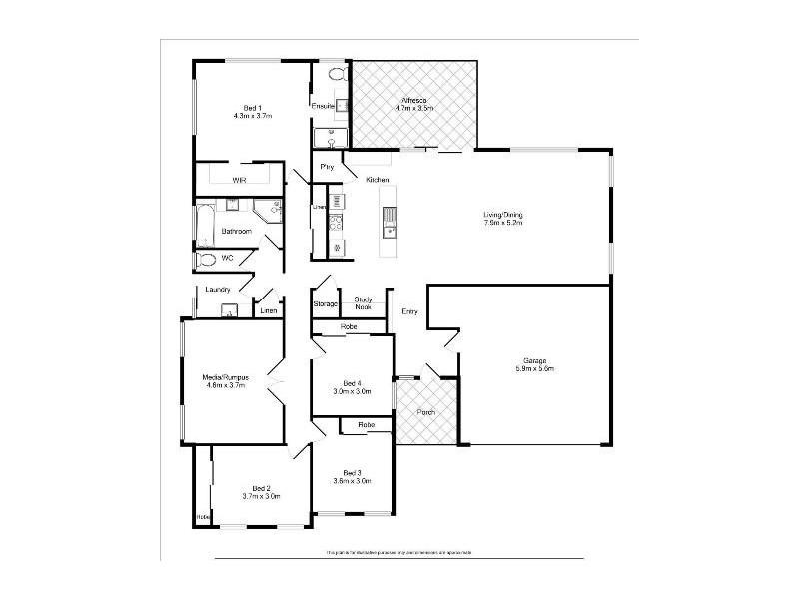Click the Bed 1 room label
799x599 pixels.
pyautogui.click(x=252, y=108)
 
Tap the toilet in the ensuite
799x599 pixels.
pyautogui.click(x=336, y=74)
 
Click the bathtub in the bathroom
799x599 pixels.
pyautogui.click(x=204, y=226)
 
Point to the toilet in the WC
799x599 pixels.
pyautogui.click(x=205, y=259)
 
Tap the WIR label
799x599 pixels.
pyautogui.click(x=239, y=180)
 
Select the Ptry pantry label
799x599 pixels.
pyautogui.click(x=326, y=167)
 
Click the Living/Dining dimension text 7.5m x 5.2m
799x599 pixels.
pyautogui.click(x=504, y=223)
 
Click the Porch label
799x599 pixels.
pyautogui.click(x=426, y=412)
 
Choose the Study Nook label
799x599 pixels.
pyautogui.click(x=363, y=302)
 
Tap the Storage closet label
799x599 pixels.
pyautogui.click(x=325, y=303)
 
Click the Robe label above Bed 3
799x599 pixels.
pyautogui.click(x=366, y=425)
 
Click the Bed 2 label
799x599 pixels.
pyautogui.click(x=260, y=488)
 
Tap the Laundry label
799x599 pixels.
pyautogui.click(x=218, y=290)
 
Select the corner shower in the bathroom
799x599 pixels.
pyautogui.click(x=267, y=209)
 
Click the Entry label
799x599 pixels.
pyautogui.click(x=409, y=312)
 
